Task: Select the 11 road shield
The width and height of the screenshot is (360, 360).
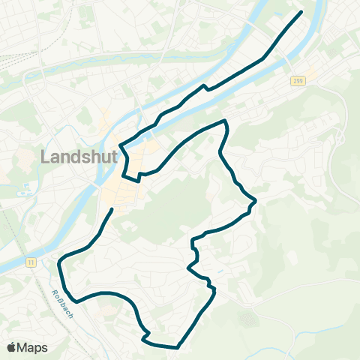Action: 31,261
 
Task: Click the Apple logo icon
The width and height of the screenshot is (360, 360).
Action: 11,347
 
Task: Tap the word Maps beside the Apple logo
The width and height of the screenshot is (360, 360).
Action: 33,347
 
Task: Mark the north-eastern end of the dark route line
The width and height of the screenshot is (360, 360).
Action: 301,12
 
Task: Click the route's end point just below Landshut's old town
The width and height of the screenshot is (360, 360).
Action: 112,209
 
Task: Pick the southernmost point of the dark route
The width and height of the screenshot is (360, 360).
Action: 177,347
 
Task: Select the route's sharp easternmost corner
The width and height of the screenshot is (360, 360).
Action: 256,201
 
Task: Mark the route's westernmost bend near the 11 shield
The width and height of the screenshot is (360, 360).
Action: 59,259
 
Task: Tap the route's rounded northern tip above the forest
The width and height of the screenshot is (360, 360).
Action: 223,121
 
